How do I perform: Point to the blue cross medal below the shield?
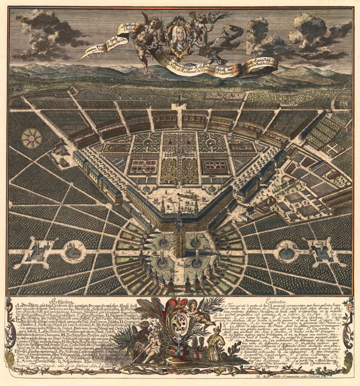pos(179,349)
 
